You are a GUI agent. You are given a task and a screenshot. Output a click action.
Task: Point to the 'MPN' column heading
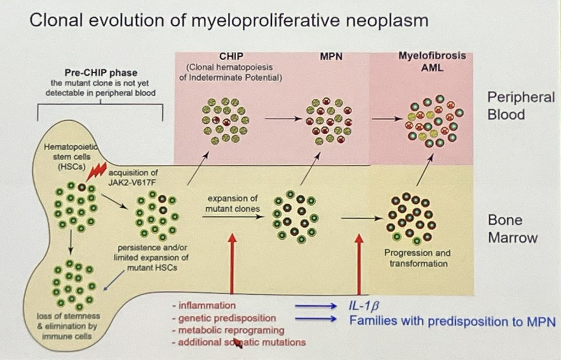pos(331,57)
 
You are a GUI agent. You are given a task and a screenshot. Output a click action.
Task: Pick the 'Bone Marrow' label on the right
pos(513,229)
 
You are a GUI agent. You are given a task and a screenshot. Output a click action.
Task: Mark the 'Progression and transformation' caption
pos(417,258)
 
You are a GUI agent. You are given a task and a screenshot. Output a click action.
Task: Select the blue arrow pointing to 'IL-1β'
pos(317,306)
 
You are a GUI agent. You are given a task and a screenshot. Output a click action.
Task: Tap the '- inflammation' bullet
pos(203,306)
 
